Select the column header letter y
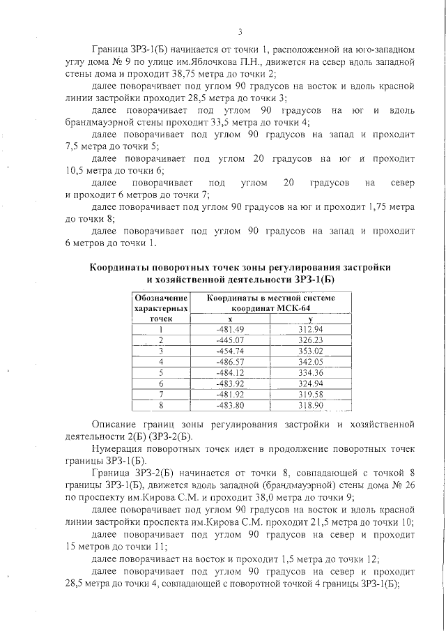pos(311,319)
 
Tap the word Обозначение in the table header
pos(161,298)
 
